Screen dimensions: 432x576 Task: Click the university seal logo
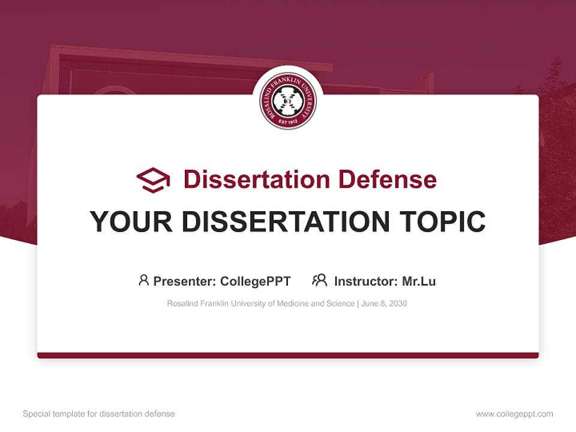[x=288, y=101]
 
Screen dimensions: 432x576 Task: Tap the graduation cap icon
[x=153, y=180]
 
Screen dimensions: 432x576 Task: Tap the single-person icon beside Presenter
[x=143, y=280]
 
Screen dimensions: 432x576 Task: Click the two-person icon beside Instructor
[x=319, y=280]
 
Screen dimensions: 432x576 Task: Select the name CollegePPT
[x=256, y=281]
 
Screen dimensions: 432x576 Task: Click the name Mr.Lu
[x=419, y=281]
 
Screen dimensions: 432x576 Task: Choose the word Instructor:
[x=365, y=281]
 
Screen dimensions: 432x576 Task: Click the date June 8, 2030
[x=384, y=304]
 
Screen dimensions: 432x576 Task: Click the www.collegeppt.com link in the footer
[x=514, y=414]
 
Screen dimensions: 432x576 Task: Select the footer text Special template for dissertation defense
[x=99, y=414]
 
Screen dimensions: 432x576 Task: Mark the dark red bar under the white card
[x=288, y=355]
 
